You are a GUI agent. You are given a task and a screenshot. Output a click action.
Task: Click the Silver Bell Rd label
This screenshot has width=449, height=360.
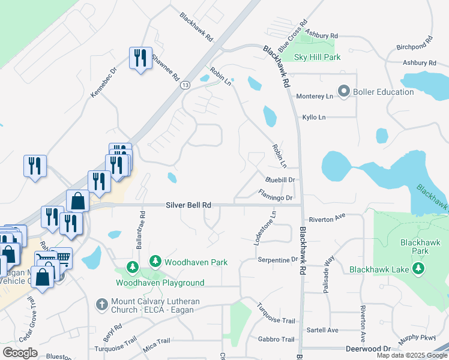click(188, 205)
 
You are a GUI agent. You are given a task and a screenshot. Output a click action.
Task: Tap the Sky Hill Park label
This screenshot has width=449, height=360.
click(318, 58)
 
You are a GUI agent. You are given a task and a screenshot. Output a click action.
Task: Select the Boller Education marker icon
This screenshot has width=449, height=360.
click(344, 92)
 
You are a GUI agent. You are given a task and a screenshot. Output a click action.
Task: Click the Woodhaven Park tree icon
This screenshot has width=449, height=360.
click(155, 261)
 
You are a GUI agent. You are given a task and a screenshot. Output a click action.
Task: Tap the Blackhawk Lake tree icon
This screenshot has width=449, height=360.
click(418, 269)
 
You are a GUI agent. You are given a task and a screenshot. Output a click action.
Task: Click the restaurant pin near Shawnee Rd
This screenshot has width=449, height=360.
click(140, 59)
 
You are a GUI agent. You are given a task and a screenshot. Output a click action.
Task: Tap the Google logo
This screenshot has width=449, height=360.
click(20, 353)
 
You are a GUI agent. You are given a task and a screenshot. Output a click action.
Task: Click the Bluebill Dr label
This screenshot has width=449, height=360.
click(280, 179)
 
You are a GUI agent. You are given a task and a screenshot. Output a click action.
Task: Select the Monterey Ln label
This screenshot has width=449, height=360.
click(315, 96)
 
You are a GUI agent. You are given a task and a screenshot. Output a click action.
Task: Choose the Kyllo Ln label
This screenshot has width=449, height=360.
click(314, 117)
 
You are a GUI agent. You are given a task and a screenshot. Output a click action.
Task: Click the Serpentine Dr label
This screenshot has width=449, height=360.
click(278, 260)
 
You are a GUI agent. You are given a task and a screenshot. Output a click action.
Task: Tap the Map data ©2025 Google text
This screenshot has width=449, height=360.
click(411, 355)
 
